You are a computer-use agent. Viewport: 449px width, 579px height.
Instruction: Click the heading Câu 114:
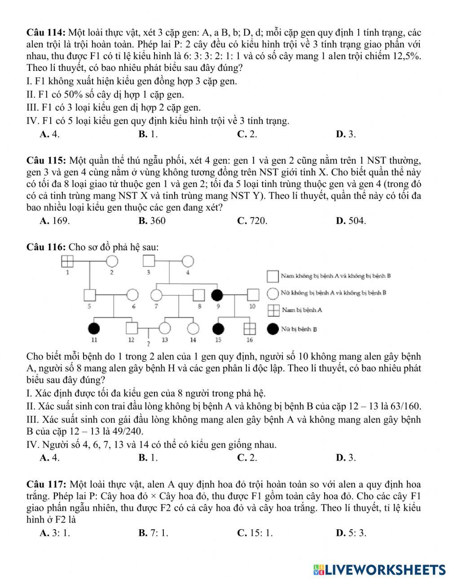[47, 33]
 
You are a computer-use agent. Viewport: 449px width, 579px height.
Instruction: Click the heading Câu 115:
[47, 160]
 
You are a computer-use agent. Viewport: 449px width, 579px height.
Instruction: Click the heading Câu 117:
[47, 484]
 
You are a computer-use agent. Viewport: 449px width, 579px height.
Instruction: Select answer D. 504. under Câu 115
[351, 221]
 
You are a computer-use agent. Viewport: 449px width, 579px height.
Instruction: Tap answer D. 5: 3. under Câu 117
[351, 533]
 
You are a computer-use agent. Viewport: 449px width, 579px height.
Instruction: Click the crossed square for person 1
[67, 261]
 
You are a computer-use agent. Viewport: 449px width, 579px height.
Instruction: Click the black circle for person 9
[217, 295]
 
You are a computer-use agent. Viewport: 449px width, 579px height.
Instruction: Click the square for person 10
[253, 295]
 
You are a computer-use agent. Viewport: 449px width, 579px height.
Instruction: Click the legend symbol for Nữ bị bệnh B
[273, 329]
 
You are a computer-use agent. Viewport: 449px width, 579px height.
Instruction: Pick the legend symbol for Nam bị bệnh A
[273, 310]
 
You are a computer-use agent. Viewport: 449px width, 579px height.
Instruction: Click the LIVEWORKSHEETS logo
[379, 569]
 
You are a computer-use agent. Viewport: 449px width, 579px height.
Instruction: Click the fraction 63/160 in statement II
[407, 407]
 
